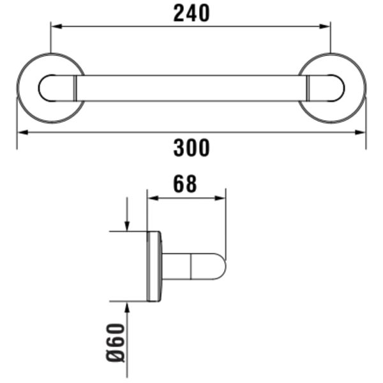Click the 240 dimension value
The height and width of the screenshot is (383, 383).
click(x=191, y=13)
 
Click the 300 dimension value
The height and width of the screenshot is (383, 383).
click(x=191, y=147)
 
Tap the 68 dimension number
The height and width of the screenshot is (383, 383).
click(x=185, y=184)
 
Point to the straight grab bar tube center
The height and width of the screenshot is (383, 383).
click(x=191, y=88)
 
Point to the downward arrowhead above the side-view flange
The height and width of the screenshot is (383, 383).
click(x=128, y=226)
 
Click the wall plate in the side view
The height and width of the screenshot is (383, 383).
click(x=154, y=266)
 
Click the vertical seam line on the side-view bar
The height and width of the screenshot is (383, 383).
click(x=191, y=266)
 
